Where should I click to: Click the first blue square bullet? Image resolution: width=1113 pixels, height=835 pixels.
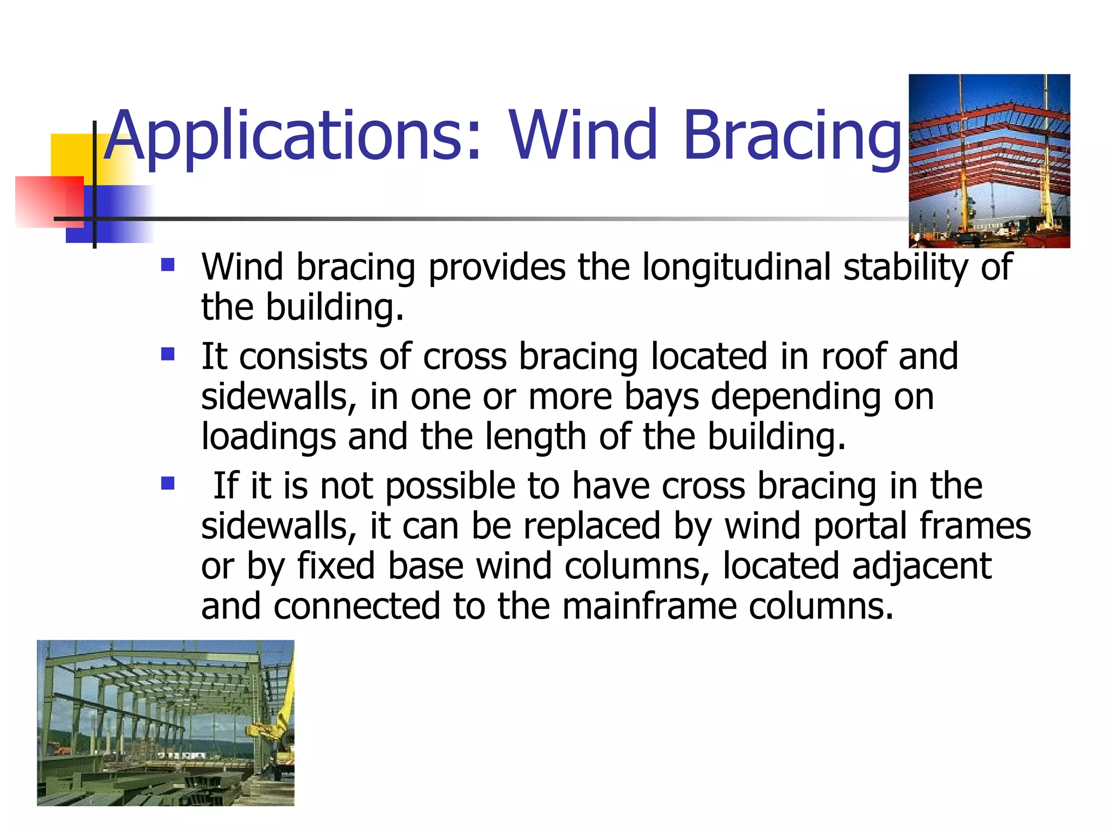click(x=168, y=265)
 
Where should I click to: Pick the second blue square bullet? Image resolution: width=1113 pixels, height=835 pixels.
click(x=168, y=354)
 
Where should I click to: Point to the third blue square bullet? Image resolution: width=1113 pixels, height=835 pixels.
click(x=168, y=483)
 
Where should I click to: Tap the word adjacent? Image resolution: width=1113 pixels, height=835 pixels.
click(x=922, y=566)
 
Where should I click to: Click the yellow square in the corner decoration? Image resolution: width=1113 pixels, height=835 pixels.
click(x=71, y=155)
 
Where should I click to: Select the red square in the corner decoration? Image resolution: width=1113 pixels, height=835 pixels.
click(x=49, y=201)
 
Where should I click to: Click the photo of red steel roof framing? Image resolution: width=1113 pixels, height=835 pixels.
click(x=989, y=161)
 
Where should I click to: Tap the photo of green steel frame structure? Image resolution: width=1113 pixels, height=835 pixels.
click(x=165, y=722)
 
